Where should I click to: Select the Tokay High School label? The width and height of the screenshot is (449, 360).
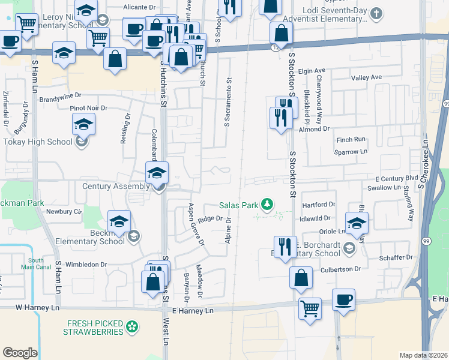pos(37,142)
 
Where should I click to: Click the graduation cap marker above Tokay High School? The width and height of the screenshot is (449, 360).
pos(84,125)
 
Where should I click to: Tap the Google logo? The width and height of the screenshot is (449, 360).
pos(20,353)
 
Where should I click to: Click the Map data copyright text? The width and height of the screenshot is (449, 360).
pos(423,355)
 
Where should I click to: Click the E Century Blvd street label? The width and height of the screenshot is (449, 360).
pos(396,179)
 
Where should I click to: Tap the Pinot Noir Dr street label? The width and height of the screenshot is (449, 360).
pos(88,108)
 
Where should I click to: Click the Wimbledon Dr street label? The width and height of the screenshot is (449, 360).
pos(86,264)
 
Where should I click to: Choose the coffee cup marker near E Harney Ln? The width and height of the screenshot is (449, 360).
pos(343,299)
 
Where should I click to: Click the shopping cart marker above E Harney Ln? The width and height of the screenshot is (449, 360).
pos(310,308)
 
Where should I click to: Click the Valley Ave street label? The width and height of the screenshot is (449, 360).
pos(367,77)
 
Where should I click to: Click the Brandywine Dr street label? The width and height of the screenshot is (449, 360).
pos(60,95)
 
